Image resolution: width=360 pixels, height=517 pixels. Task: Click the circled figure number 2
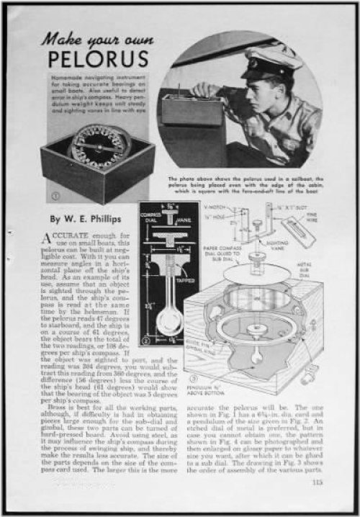(145, 340)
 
